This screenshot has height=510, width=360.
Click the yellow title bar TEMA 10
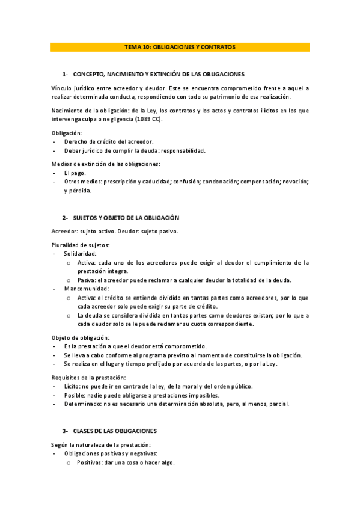(x=180, y=46)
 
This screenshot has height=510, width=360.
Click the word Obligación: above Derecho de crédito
(x=67, y=133)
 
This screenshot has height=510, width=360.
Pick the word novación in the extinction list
(x=294, y=181)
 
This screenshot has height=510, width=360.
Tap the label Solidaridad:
(x=80, y=254)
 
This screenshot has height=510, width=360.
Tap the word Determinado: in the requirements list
(x=83, y=404)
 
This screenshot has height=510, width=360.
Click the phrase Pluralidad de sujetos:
(x=80, y=245)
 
